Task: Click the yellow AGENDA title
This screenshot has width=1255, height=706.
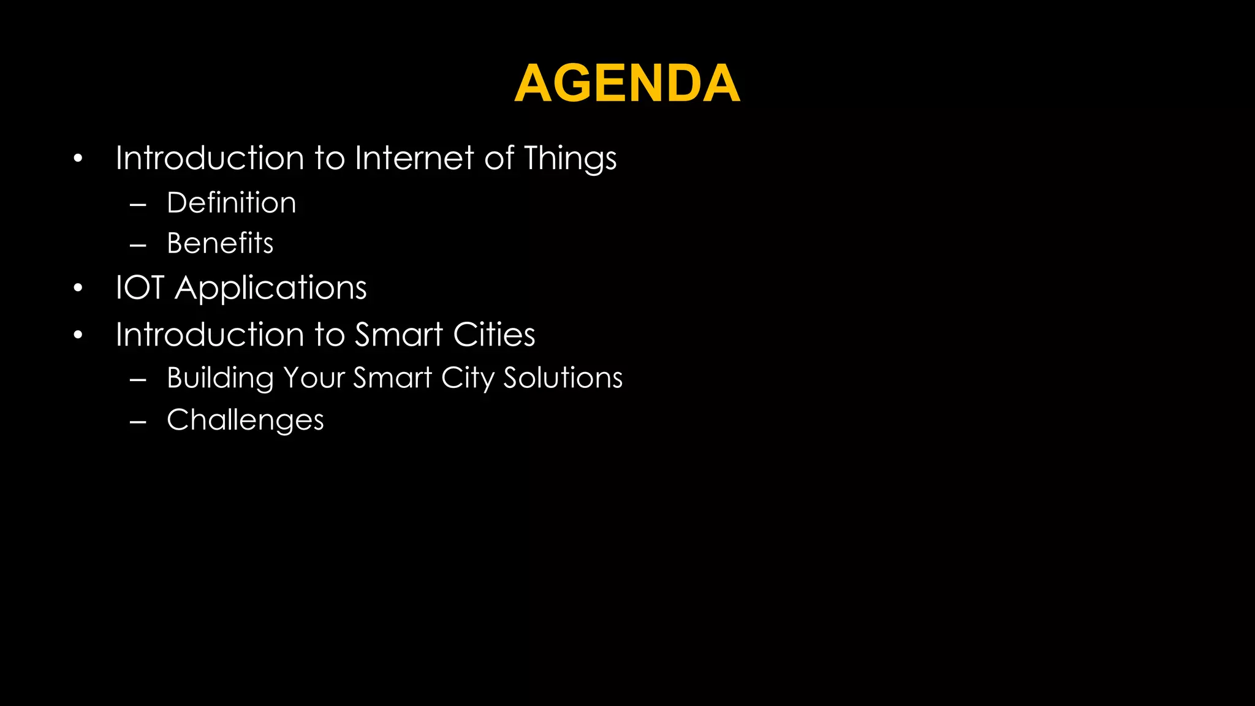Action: [627, 83]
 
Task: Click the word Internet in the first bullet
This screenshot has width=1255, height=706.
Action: [414, 158]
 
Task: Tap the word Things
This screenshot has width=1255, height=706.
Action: [570, 159]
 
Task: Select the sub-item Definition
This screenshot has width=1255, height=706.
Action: [231, 203]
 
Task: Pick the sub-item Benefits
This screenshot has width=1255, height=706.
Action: [220, 243]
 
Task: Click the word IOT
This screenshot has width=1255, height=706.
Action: [140, 287]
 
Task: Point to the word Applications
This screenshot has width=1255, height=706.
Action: [270, 289]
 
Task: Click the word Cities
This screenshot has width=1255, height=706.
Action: [494, 335]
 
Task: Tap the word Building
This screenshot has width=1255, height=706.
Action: [220, 378]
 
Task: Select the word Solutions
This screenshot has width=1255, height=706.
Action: [563, 378]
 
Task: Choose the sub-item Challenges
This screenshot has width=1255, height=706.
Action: [245, 420]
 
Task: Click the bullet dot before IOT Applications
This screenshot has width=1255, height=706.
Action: [78, 288]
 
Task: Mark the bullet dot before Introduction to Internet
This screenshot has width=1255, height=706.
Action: [78, 159]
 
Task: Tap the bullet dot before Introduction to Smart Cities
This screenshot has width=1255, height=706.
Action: [78, 335]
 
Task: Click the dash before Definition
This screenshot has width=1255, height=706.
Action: [138, 204]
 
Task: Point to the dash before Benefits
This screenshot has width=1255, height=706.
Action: [138, 245]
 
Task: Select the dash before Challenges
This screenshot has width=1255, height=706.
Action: [138, 422]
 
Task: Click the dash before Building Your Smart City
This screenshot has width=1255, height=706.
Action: [138, 379]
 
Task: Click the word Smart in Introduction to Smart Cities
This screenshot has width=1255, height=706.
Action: [398, 335]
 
